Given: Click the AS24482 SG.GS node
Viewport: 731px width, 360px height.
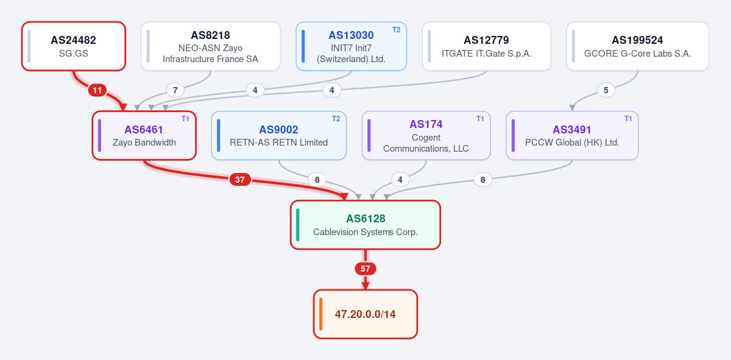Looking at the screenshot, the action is pos(74,46).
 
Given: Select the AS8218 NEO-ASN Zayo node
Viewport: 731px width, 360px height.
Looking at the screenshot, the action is pos(211,46).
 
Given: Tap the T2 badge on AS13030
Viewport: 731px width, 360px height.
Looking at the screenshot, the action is pos(396,30).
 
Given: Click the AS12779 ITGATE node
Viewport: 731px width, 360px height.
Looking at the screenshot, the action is pos(486,46).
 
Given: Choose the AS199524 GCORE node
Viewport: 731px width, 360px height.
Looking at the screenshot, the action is pos(637,46).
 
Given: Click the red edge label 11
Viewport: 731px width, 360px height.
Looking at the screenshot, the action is pos(97,90).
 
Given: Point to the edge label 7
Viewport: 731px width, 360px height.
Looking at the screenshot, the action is pos(175,90).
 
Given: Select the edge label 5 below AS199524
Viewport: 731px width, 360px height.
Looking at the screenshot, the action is pos(606,90).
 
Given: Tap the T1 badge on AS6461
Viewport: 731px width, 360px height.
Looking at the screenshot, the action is pos(185,119).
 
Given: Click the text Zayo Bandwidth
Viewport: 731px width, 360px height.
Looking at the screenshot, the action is pos(144,143).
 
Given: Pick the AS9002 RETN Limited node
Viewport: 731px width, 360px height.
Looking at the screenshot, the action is pos(279,135).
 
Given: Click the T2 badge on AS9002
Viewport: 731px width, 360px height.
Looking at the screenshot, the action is pos(336,119).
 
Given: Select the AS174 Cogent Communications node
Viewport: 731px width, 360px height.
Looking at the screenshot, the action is pos(426,135).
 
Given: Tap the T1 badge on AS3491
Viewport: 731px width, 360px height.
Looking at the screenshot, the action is pos(628,119).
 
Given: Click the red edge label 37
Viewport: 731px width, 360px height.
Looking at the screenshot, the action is pos(240,180).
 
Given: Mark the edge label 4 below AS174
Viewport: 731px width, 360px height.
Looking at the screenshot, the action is pos(400,180).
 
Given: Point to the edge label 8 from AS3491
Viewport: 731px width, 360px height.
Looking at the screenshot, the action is pos(483,180).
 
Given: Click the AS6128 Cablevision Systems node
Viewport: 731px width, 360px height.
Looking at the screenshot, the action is pos(365,225).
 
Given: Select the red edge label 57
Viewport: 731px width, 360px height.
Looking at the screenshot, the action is pos(365,269).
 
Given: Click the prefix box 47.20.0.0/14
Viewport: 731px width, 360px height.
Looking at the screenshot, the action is pos(365,314).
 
